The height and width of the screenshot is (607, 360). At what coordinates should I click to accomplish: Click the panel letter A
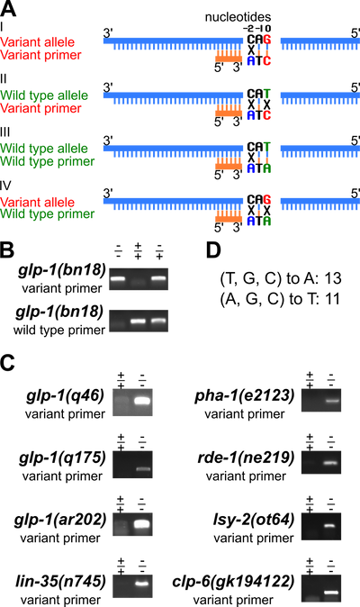pos(8,8)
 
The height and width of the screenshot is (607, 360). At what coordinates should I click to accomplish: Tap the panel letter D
pos(213,250)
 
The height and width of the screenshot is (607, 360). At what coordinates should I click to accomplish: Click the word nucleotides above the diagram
pos(238,17)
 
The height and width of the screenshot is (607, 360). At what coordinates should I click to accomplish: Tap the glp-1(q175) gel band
pos(143,469)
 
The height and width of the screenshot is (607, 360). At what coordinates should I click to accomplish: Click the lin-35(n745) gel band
pos(142,584)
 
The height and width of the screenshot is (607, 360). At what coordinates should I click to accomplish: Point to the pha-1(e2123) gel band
pos(331,401)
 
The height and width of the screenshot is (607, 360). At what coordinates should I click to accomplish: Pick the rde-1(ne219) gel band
pos(331,463)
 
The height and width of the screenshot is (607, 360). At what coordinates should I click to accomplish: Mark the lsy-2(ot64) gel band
pos(330,526)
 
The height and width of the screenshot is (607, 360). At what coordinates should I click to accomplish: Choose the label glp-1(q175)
pos(62,458)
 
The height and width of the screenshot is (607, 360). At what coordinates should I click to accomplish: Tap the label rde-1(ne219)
pos(246,458)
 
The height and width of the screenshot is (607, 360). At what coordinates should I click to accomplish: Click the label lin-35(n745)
pos(60,582)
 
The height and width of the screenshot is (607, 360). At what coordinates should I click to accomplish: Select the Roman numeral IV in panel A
pos(5,186)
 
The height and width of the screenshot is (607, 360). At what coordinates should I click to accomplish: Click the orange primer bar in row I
pos(229,59)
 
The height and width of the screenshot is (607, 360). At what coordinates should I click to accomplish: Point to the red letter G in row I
pos(266,40)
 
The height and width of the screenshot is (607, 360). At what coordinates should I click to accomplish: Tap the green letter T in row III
pos(266,147)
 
